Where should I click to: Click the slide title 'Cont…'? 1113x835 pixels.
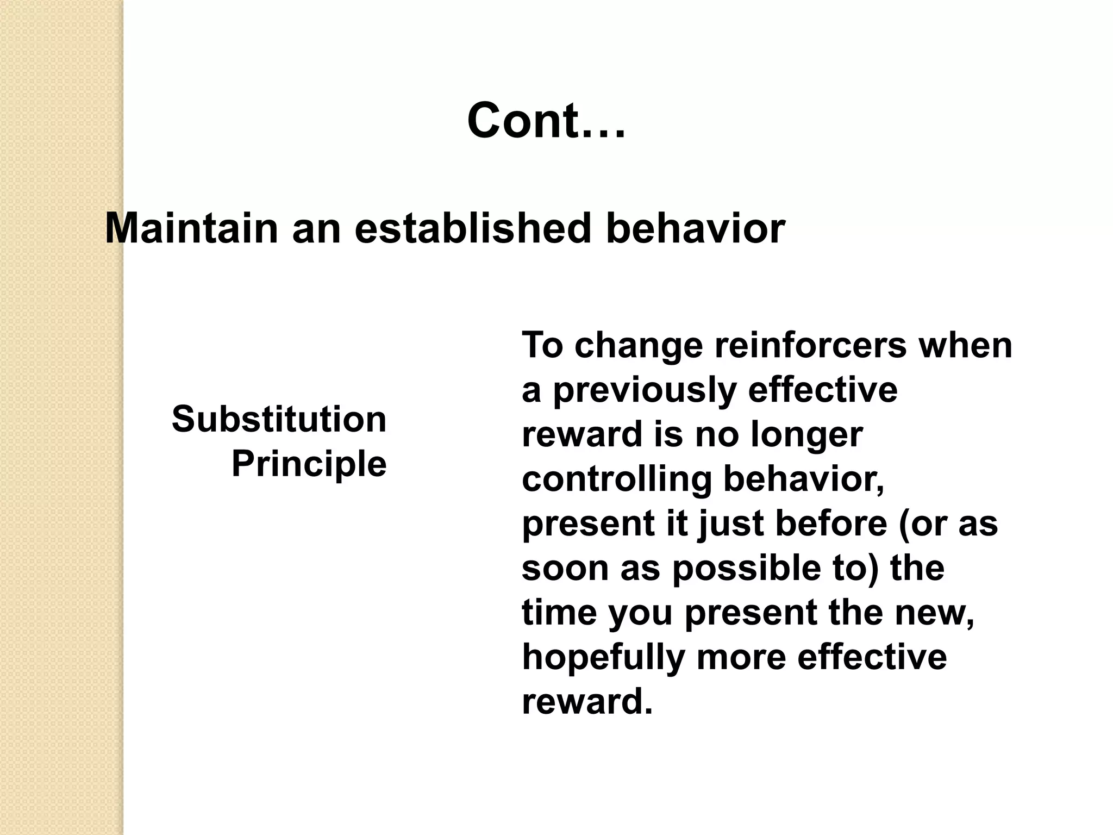(546, 121)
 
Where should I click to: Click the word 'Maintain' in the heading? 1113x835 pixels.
(191, 228)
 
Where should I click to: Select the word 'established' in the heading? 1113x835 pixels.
(472, 228)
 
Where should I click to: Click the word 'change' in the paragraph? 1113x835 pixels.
(639, 345)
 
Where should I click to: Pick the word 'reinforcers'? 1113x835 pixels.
(810, 345)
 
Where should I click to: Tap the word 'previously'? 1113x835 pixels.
(645, 390)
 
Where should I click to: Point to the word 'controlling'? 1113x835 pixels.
(616, 479)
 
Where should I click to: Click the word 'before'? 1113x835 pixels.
(831, 524)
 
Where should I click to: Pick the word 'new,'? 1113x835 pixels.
(934, 613)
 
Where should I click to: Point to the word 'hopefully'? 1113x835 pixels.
(603, 658)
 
